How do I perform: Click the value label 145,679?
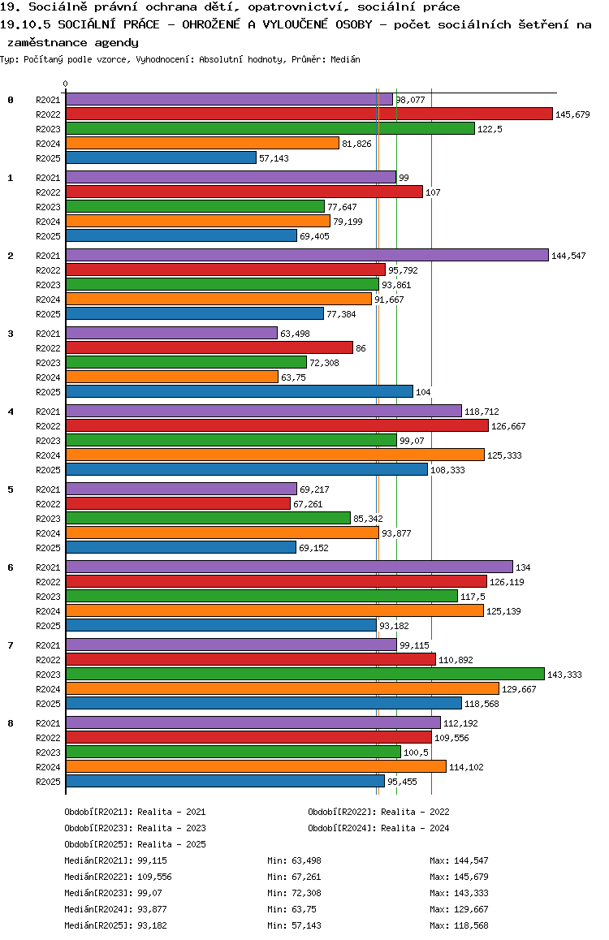click(x=572, y=114)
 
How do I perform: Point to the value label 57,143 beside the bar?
click(x=274, y=158)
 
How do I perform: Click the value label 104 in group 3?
click(x=423, y=392)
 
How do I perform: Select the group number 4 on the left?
click(x=11, y=412)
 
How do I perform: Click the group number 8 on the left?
click(x=11, y=723)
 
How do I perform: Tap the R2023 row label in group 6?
click(x=48, y=597)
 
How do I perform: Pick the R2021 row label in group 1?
click(x=48, y=178)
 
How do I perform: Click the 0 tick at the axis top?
click(x=66, y=84)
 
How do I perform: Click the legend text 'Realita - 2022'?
click(x=415, y=812)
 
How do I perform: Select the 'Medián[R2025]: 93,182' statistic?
click(x=118, y=925)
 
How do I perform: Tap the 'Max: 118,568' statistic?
click(x=459, y=925)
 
